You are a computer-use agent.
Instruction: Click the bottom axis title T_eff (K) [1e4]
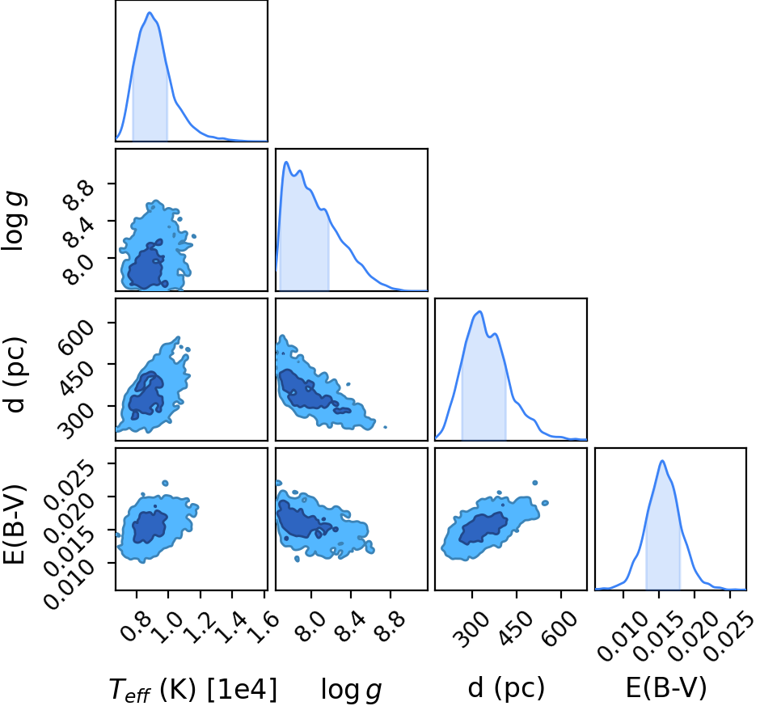pos(193,689)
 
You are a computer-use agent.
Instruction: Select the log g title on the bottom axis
pos(352,689)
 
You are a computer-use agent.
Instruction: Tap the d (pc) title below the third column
pos(506,688)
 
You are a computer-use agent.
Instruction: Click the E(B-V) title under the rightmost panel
pos(666,687)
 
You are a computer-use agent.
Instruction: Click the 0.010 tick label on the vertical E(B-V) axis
pos(70,583)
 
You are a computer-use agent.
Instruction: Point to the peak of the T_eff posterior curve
pos(150,13)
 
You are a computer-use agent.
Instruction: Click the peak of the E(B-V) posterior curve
pos(662,461)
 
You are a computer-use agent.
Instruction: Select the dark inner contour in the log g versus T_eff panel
pos(146,267)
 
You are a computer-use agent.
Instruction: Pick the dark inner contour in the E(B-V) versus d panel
pos(483,529)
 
